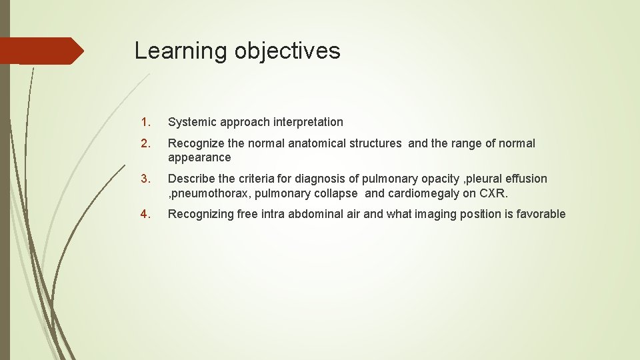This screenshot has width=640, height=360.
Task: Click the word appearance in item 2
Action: click(199, 158)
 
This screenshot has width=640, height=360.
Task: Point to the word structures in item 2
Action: click(376, 143)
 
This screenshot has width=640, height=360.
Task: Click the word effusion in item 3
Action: click(526, 179)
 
